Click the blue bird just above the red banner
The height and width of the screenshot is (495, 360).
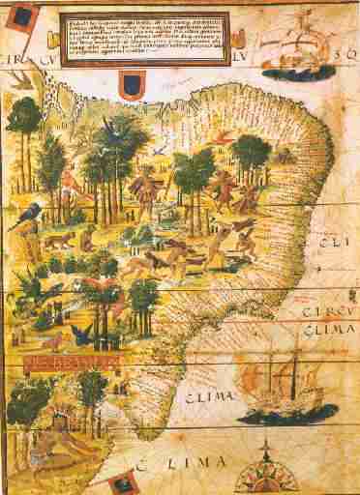(x=81, y=335)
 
